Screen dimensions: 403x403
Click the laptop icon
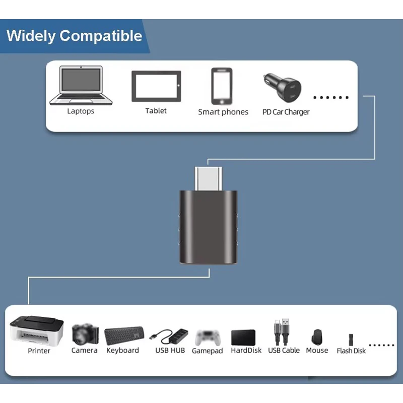tap(81, 86)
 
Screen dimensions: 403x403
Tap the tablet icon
tap(156, 86)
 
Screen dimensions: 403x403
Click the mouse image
tap(317, 336)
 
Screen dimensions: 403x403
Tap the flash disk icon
tap(351, 339)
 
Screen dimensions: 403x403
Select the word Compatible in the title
tap(101, 36)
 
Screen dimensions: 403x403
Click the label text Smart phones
tap(223, 112)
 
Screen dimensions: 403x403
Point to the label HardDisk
tap(246, 350)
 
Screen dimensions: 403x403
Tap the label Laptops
tap(81, 111)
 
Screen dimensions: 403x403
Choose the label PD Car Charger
tap(286, 112)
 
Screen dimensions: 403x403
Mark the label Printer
tap(39, 351)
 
